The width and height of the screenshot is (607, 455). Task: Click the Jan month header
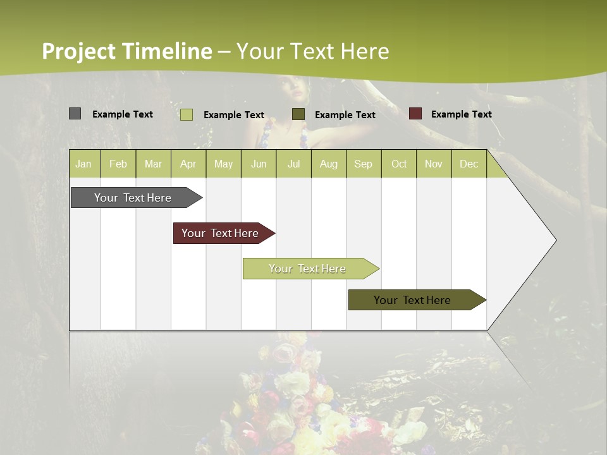tap(84, 164)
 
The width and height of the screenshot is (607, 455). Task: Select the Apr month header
tap(188, 164)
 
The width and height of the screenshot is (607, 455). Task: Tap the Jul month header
tap(293, 164)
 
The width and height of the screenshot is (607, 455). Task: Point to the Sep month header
tap(363, 164)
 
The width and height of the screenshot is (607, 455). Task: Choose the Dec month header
tap(469, 164)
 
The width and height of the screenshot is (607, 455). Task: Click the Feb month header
tap(118, 164)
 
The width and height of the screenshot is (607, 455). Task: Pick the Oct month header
tap(398, 164)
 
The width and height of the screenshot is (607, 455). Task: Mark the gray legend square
tap(75, 114)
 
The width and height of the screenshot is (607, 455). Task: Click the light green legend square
tap(186, 114)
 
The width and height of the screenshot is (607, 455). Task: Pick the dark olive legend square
tap(298, 114)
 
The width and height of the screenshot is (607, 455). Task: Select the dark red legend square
tap(415, 114)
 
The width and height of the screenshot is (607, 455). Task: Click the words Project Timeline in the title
tap(127, 51)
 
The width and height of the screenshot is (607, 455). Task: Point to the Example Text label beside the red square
tap(461, 114)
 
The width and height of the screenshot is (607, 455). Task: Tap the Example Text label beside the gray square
tap(123, 114)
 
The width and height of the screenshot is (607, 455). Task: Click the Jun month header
tap(258, 164)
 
